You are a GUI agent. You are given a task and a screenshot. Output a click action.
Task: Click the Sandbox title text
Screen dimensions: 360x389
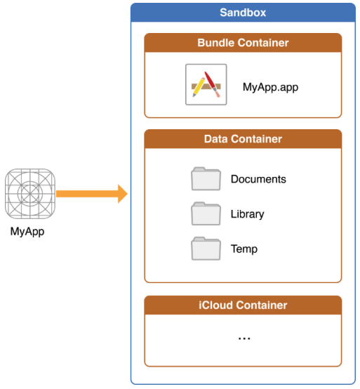[243, 13]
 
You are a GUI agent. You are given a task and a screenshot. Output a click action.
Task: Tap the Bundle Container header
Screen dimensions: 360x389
[243, 43]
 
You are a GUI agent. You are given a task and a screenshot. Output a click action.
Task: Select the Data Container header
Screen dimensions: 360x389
[243, 139]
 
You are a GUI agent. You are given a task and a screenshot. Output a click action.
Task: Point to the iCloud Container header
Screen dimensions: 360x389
[243, 305]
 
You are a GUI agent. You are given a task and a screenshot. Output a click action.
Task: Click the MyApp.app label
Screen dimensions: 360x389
[270, 87]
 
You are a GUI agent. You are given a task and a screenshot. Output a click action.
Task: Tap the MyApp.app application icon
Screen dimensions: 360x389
[206, 84]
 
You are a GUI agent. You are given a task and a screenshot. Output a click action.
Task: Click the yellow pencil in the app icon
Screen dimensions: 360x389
[199, 87]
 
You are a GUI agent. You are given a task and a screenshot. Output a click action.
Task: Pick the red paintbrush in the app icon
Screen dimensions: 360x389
[212, 84]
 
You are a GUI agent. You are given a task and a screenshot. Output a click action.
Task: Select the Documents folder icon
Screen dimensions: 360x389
[206, 179]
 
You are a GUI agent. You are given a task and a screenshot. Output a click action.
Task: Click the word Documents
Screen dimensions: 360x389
[258, 179]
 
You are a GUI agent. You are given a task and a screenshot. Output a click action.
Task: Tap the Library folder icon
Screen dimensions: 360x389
[206, 213]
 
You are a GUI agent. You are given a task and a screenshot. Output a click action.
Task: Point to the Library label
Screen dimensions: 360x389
[248, 214]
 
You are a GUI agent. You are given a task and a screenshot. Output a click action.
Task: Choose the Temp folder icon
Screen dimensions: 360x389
[206, 249]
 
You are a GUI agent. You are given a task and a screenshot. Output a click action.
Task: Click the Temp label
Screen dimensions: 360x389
[244, 249]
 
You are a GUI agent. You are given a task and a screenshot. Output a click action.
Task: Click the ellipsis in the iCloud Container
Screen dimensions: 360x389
[244, 338]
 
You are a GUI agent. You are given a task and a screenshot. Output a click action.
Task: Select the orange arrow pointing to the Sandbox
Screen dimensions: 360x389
[92, 194]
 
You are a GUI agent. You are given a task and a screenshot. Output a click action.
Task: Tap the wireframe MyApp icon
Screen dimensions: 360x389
[30, 194]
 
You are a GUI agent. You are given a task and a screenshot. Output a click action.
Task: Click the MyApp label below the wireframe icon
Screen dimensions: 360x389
[27, 232]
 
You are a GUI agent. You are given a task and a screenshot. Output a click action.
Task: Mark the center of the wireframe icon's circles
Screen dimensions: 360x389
[30, 194]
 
